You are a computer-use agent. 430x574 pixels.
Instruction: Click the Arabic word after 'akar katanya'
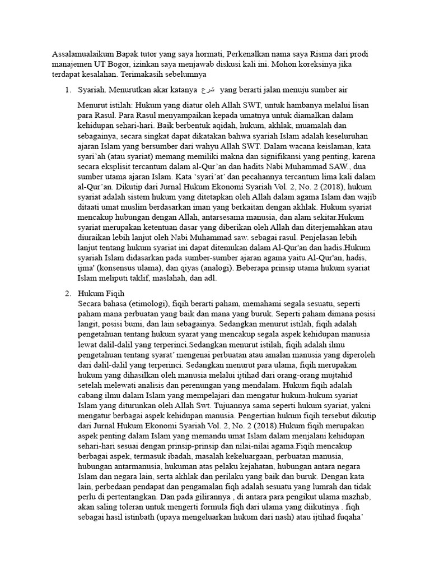click(207, 90)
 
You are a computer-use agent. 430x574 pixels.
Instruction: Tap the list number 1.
click(67, 90)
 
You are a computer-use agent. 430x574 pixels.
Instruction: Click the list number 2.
click(67, 293)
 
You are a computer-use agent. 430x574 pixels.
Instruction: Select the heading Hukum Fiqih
click(101, 293)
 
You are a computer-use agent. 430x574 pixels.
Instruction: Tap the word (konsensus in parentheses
click(120, 268)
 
